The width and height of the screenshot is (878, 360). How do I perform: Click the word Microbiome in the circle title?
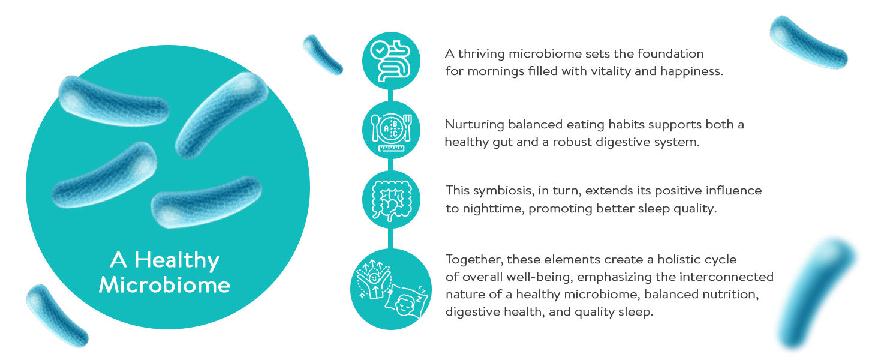click(164, 285)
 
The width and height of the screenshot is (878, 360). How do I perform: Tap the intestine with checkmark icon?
click(391, 61)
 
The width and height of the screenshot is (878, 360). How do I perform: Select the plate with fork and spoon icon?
click(391, 131)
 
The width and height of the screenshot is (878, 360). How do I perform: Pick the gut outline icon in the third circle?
click(391, 200)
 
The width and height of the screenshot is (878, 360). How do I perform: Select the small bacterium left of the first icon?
click(323, 55)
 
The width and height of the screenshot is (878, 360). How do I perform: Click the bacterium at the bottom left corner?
click(57, 316)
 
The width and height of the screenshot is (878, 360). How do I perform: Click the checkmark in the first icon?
click(380, 50)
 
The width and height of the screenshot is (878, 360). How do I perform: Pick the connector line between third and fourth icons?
click(390, 238)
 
